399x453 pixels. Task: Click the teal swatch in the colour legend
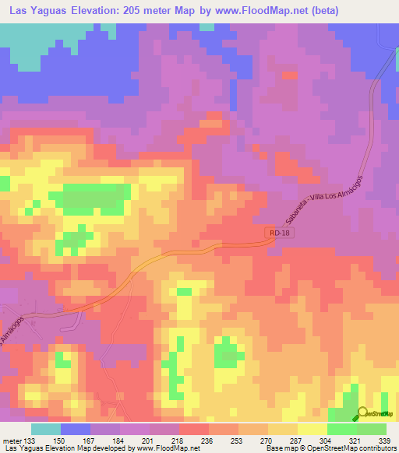[x=45, y=429]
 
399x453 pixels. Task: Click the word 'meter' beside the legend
[x=10, y=440]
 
